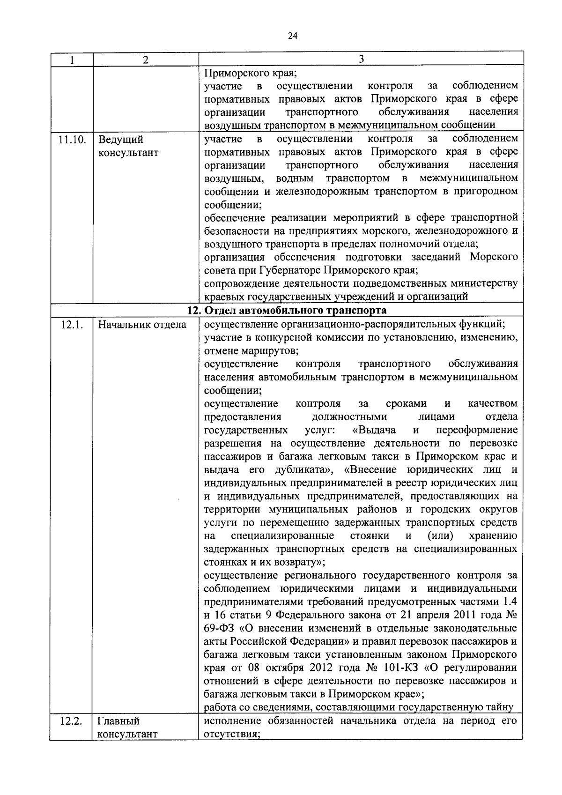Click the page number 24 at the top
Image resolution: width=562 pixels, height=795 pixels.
click(x=293, y=36)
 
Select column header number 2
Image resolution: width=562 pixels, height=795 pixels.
click(x=146, y=59)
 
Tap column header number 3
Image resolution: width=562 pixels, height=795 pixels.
click(x=361, y=59)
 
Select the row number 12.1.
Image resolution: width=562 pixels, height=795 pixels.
click(x=72, y=324)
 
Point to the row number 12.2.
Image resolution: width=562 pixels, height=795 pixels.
click(x=72, y=721)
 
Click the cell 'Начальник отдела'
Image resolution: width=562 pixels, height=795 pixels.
click(x=142, y=324)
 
